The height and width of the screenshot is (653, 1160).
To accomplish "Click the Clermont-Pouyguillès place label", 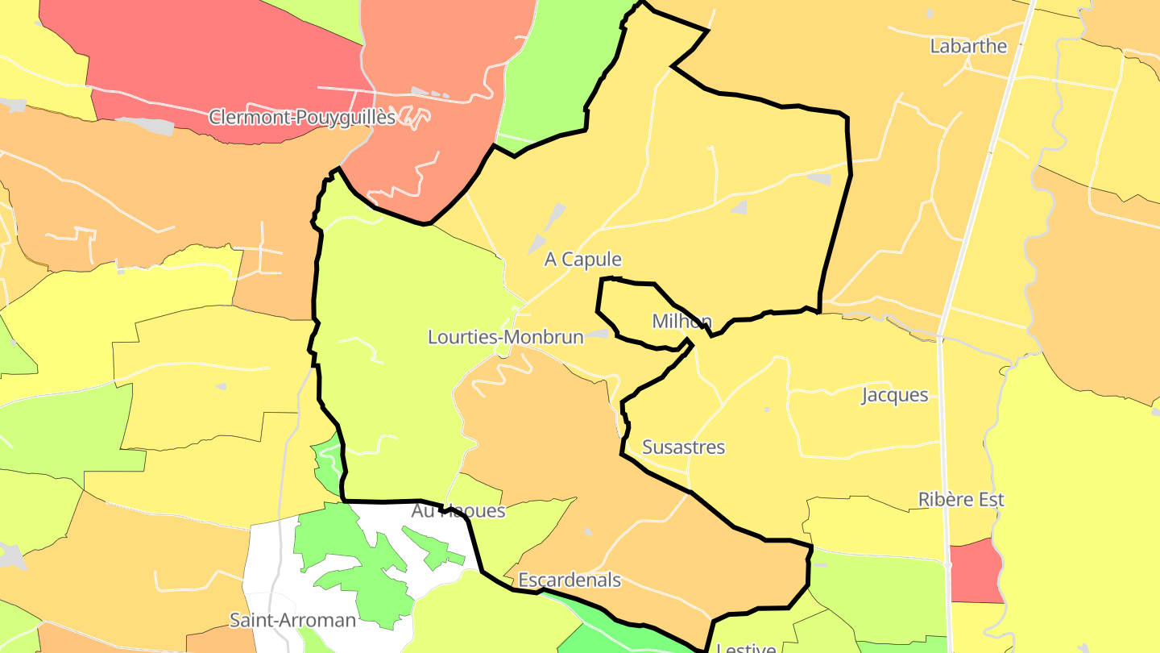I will pyautogui.click(x=302, y=118).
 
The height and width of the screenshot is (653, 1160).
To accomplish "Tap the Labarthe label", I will pyautogui.click(x=968, y=46).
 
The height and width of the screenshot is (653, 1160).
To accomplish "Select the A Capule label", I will pyautogui.click(x=583, y=260).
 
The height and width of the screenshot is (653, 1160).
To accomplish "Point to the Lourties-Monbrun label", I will pyautogui.click(x=505, y=337).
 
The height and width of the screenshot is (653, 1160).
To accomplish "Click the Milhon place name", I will pyautogui.click(x=681, y=322).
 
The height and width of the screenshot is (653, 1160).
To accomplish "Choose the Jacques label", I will pyautogui.click(x=895, y=396).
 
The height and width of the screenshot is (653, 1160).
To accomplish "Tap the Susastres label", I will pyautogui.click(x=683, y=447).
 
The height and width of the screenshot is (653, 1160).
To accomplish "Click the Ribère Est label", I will pyautogui.click(x=961, y=500).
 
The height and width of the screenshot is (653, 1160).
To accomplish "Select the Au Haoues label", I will pyautogui.click(x=458, y=511).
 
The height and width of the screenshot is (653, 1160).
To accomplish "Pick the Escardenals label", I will pyautogui.click(x=570, y=580).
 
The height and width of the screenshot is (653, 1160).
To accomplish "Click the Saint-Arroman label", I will pyautogui.click(x=292, y=620).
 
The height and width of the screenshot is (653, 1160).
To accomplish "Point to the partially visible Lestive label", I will pyautogui.click(x=746, y=647).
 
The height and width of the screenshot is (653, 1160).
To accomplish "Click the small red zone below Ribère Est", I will pyautogui.click(x=976, y=572).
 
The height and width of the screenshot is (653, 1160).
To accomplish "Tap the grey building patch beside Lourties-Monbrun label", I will pyautogui.click(x=598, y=333).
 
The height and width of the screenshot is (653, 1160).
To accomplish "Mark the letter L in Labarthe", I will pyautogui.click(x=935, y=46).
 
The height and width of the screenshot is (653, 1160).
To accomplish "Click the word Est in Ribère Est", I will pyautogui.click(x=990, y=500).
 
